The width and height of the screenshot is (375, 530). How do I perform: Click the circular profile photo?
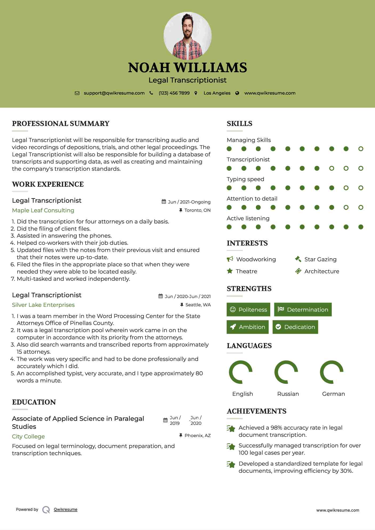click(187, 36)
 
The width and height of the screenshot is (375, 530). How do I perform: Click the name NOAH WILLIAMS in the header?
click(187, 68)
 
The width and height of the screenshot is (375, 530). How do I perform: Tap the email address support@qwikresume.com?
click(114, 93)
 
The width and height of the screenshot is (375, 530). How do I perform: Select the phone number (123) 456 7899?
click(174, 93)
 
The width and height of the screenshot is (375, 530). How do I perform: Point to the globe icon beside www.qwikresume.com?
click(237, 93)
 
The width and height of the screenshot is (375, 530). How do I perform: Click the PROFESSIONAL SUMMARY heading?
click(61, 124)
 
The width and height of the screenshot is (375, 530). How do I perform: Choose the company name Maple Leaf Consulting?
click(43, 210)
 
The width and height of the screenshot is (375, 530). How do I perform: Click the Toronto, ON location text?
click(197, 210)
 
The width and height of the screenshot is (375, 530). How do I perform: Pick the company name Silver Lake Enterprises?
click(43, 305)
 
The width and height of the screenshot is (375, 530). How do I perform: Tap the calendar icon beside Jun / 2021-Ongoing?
click(164, 202)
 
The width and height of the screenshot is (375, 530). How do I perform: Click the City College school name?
click(28, 437)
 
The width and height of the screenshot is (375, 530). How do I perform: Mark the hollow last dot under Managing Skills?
click(361, 149)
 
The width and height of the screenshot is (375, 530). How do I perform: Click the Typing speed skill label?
click(245, 179)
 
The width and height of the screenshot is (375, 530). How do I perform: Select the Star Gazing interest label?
click(320, 259)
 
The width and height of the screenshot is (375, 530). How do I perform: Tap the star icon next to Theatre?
click(230, 271)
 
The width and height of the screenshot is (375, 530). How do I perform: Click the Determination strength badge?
click(303, 309)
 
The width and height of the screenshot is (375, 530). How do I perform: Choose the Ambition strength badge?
click(248, 327)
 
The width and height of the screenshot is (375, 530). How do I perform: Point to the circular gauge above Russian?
click(286, 372)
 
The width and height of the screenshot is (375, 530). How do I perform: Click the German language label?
click(333, 394)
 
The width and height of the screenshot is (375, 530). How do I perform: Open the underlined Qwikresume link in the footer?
click(66, 509)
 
